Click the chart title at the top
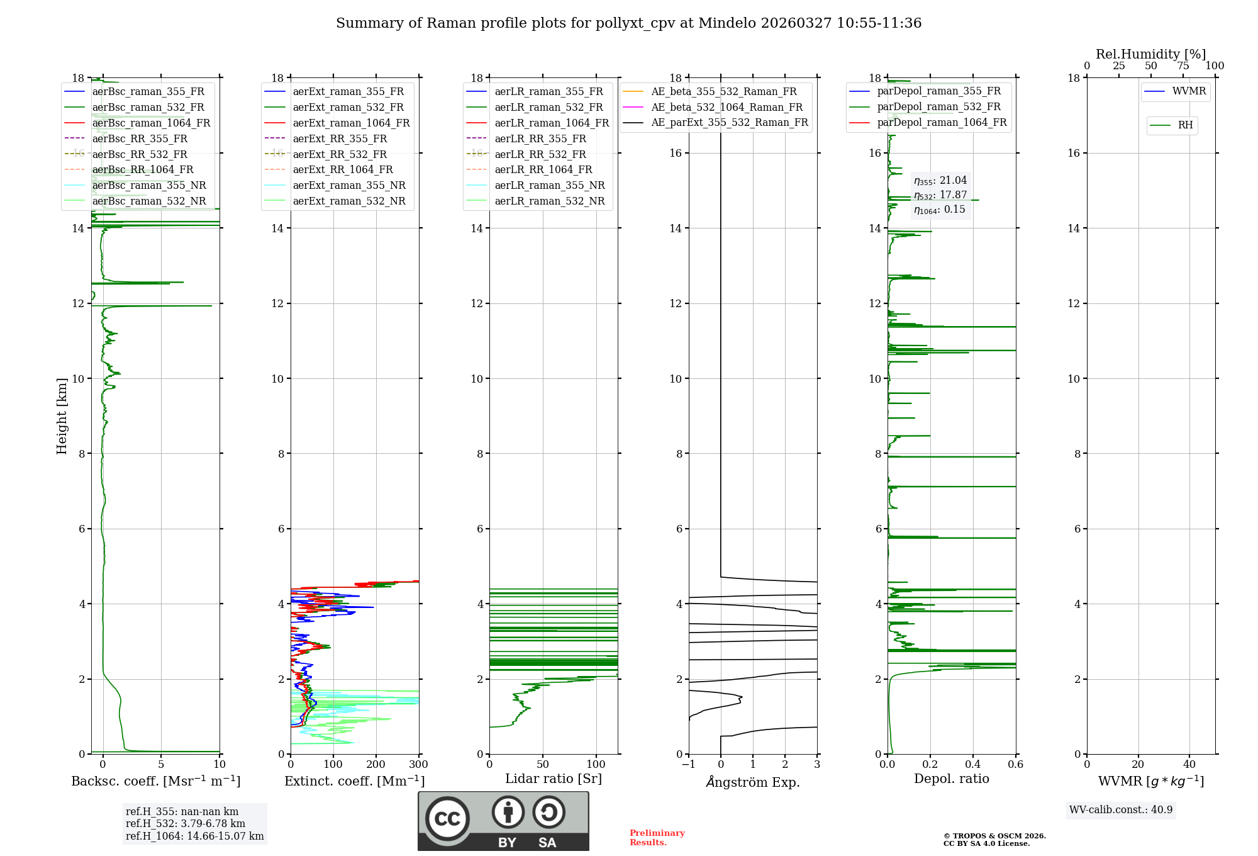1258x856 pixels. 628,23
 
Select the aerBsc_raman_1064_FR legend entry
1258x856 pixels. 151,123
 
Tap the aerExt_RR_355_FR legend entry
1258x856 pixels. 340,138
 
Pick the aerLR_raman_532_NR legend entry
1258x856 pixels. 549,201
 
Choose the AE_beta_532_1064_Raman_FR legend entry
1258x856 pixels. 726,107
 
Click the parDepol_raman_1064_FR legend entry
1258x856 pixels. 942,122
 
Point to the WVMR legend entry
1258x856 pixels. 1189,91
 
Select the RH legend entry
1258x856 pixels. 1185,125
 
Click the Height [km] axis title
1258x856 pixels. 62,416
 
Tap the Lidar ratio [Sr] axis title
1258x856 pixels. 554,779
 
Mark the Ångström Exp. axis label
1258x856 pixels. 753,782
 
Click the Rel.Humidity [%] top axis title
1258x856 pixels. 1150,54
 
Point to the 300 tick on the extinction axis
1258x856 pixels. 418,764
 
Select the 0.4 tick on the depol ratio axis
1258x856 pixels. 973,764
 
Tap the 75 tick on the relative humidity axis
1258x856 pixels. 1183,65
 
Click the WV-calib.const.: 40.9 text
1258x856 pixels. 1121,809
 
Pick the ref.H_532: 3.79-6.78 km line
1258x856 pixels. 185,823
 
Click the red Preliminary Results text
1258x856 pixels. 657,838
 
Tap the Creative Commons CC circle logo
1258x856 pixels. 447,819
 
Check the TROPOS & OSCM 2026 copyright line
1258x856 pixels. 994,836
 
